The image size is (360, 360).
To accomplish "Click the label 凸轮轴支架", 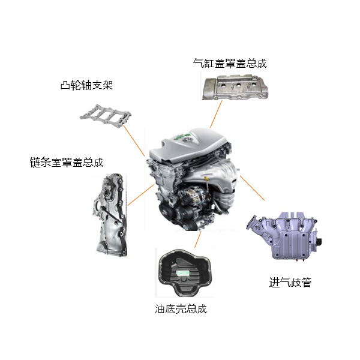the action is pyautogui.click(x=86, y=85).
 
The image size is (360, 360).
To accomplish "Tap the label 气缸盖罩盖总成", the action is pyautogui.click(x=230, y=63).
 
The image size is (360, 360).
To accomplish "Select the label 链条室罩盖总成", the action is pyautogui.click(x=67, y=163).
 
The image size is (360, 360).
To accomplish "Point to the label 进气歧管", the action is pyautogui.click(x=290, y=282).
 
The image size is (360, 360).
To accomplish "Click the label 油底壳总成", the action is pyautogui.click(x=181, y=308).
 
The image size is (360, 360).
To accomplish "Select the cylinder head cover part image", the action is pyautogui.click(x=235, y=87).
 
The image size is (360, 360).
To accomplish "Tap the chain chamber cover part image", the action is pyautogui.click(x=110, y=215).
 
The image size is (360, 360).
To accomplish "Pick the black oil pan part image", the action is pyautogui.click(x=185, y=272).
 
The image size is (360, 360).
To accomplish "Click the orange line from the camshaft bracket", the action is pyautogui.click(x=134, y=141).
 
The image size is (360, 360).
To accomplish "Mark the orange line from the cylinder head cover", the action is pyautogui.click(x=216, y=114).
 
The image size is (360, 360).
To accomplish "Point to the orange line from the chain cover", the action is pyautogui.click(x=141, y=195).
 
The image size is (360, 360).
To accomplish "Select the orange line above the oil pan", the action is pyautogui.click(x=197, y=239).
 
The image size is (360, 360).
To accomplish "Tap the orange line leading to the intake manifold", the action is pyautogui.click(x=253, y=188).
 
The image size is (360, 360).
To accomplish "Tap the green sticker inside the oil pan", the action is pyautogui.click(x=183, y=272).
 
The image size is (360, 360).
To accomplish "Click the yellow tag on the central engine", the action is pyautogui.click(x=206, y=179).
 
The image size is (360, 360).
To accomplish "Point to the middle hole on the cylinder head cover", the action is pyautogui.click(x=239, y=85).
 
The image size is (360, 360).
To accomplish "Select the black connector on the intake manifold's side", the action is pyautogui.click(x=319, y=242).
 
